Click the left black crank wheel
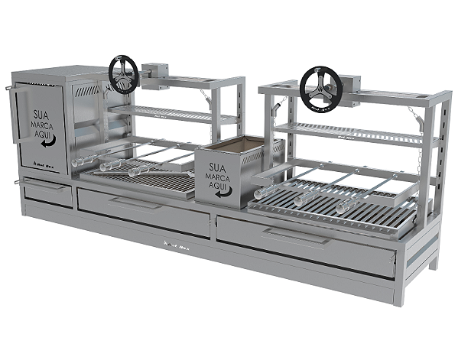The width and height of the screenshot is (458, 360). (x=122, y=74)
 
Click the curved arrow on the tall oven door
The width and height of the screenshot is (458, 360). (x=47, y=142)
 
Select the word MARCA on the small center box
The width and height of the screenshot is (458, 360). (x=221, y=177)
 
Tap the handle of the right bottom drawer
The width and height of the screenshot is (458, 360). (x=298, y=237)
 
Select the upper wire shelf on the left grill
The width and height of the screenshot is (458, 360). (x=172, y=115)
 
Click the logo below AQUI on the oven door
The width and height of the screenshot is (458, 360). (x=42, y=162)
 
